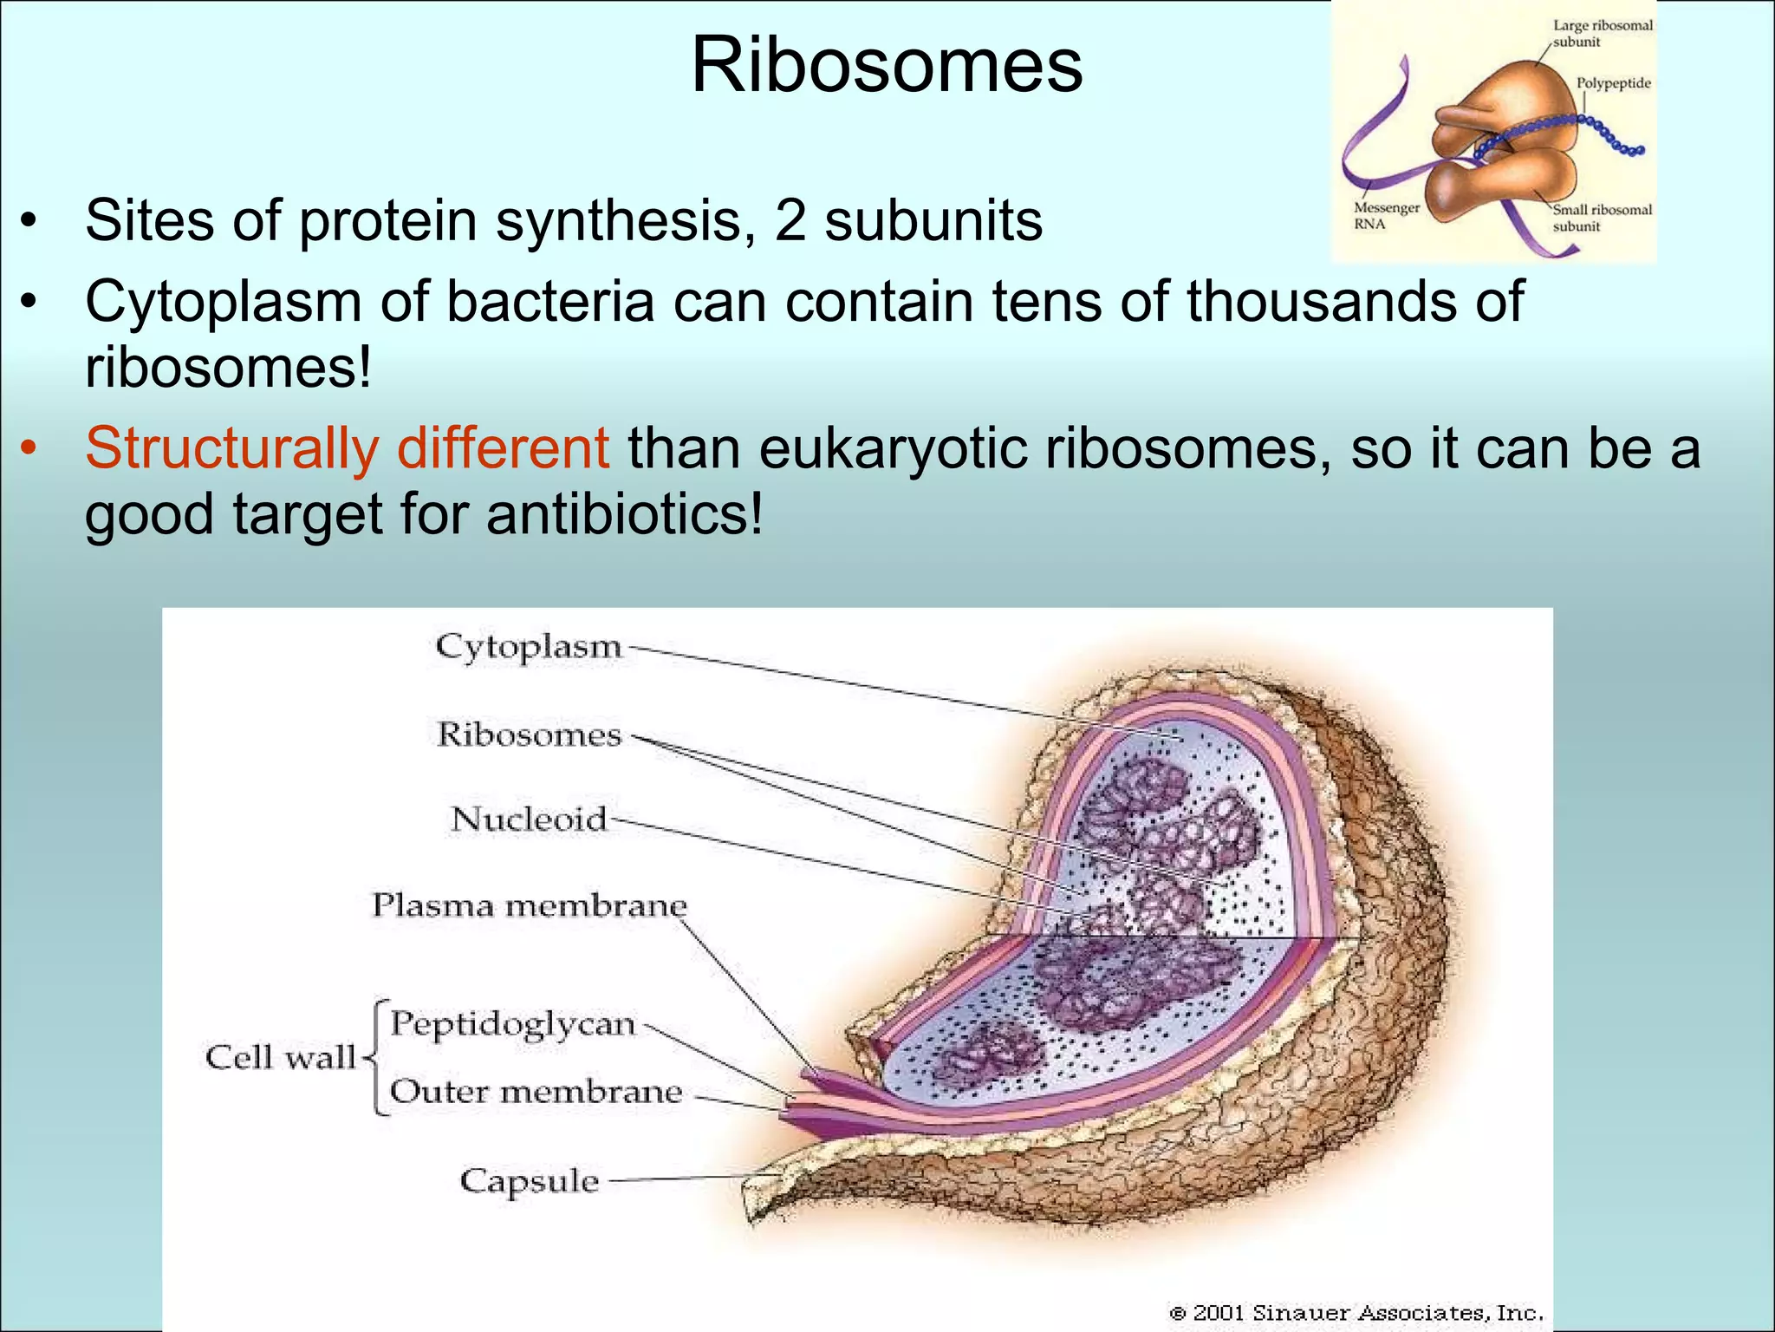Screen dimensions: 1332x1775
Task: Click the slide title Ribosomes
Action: [x=886, y=65]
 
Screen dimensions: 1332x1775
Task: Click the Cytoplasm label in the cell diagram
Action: [x=529, y=647]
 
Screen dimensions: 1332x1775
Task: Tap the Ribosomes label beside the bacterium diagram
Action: [x=530, y=735]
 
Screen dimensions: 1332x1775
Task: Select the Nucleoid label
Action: [x=529, y=819]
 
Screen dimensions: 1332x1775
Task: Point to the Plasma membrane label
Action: [x=530, y=906]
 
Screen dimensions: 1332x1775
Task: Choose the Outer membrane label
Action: [x=536, y=1092]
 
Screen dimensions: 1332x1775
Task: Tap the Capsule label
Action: [x=529, y=1181]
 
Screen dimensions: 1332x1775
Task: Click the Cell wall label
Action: [x=280, y=1058]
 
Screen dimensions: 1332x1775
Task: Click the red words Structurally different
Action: [x=347, y=448]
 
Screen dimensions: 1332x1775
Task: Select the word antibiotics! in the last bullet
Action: [x=625, y=514]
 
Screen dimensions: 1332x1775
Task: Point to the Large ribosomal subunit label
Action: [x=1602, y=33]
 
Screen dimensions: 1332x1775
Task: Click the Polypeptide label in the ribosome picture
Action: [x=1613, y=83]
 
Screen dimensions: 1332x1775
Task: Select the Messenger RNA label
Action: [x=1386, y=216]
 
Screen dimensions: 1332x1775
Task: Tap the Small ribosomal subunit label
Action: [x=1602, y=218]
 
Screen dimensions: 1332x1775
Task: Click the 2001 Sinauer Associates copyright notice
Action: [x=1356, y=1313]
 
